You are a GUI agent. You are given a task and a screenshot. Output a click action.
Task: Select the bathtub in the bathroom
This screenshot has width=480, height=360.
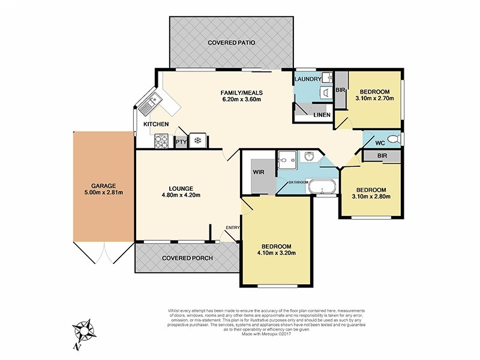(x=325, y=190)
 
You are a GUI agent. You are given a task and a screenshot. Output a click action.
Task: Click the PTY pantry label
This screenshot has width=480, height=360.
(x=180, y=142)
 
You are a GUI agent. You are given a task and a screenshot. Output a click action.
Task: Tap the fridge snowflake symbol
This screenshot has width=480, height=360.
(x=197, y=141)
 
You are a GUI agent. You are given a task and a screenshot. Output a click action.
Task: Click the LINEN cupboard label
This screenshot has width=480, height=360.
(x=321, y=114)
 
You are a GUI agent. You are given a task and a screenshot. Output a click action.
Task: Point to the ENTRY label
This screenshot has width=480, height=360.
(x=233, y=227)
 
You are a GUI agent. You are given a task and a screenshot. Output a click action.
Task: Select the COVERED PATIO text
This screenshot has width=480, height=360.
(x=232, y=43)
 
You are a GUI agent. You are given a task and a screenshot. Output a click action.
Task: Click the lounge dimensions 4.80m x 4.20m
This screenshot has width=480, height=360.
(x=181, y=195)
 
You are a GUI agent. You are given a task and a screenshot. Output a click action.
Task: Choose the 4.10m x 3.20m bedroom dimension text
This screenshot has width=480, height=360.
(x=276, y=253)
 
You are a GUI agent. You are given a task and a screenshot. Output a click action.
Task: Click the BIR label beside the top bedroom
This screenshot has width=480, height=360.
(x=340, y=91)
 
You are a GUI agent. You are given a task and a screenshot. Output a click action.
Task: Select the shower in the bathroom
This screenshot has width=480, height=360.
(x=287, y=160)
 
